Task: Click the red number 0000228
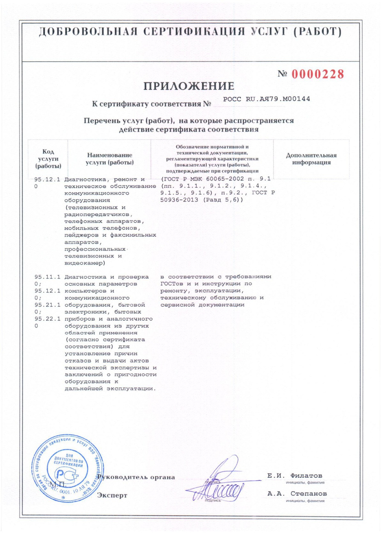(317, 74)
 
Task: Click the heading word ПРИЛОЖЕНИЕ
(189, 86)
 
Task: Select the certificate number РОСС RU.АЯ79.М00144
(266, 99)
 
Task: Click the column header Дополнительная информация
(311, 159)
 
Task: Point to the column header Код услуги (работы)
(48, 159)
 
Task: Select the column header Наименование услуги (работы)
(110, 159)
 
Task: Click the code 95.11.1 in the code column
(47, 277)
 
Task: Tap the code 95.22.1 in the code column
(47, 319)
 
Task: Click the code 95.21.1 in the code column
(47, 305)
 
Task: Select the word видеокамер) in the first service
(85, 263)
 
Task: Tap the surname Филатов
(306, 476)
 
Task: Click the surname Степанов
(308, 494)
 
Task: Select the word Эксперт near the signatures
(112, 495)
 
